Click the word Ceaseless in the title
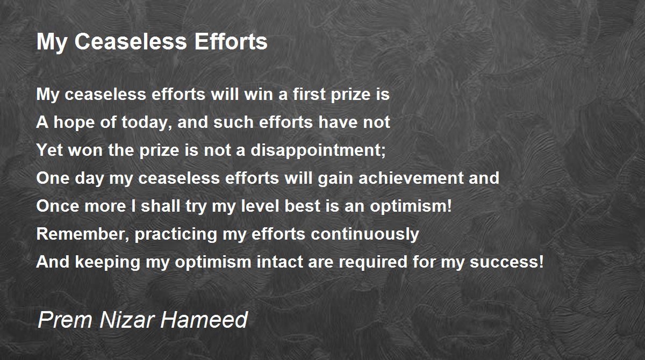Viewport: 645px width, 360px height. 131,42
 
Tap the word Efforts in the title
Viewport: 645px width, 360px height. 231,42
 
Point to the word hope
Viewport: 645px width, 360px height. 74,122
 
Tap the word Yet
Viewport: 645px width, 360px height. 49,150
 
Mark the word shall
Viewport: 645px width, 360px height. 160,206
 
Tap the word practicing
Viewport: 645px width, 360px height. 176,234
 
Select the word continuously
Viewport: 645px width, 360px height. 365,234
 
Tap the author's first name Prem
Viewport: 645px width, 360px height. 65,320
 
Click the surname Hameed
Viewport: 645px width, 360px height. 204,320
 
